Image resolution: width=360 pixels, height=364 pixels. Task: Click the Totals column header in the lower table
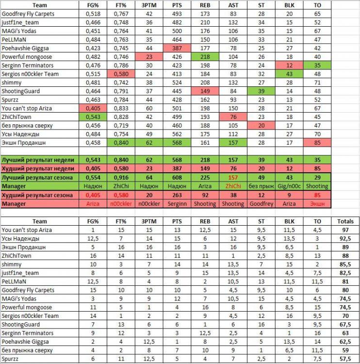(x=344, y=221)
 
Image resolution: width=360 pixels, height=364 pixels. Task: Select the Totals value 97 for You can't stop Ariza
(x=344, y=230)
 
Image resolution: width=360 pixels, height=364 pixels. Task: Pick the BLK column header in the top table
(x=289, y=4)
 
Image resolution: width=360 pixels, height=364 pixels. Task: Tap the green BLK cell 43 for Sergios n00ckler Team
(x=289, y=74)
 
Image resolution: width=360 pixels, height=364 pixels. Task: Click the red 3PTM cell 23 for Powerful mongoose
(x=149, y=57)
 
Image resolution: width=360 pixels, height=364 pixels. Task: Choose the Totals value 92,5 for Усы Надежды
(x=344, y=238)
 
